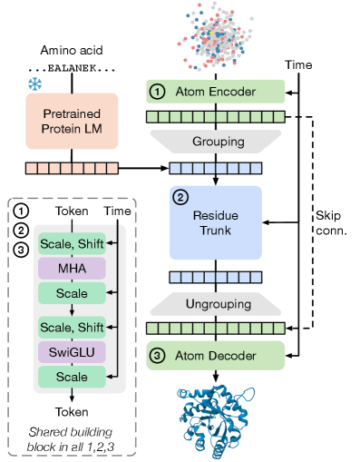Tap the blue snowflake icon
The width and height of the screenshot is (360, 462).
point(34,84)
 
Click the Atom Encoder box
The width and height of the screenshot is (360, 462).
point(217,92)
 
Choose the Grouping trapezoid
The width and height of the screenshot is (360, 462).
point(217,142)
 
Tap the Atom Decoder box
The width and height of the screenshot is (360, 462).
point(217,355)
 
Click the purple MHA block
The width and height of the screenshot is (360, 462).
point(72,270)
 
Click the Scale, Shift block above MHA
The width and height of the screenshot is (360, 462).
point(72,243)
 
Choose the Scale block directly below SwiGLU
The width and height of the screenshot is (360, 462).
point(72,376)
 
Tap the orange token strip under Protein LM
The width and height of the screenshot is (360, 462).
point(64,168)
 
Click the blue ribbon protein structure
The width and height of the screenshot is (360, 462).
point(216,414)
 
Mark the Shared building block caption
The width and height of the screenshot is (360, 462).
point(72,437)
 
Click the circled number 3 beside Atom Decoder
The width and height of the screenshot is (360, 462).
point(157,355)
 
